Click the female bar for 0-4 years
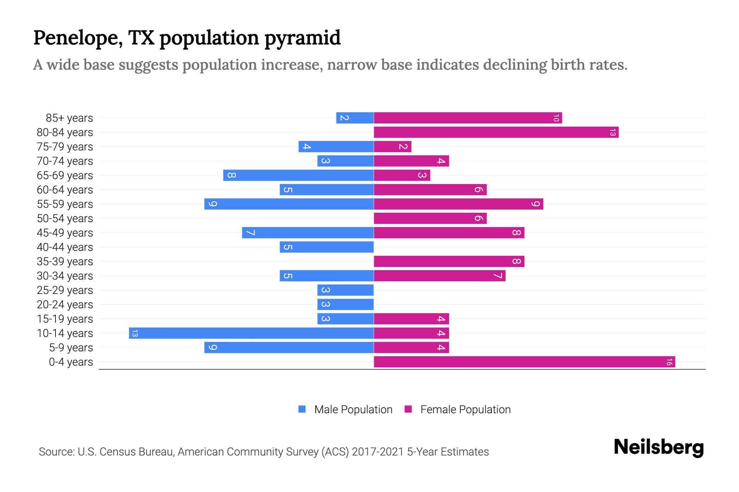point(524,362)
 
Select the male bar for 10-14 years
point(251,333)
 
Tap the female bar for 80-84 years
point(496,132)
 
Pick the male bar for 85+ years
point(355,118)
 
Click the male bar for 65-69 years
point(298,175)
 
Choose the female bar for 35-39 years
point(449,261)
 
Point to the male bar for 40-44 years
point(326,247)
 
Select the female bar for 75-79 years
point(392,146)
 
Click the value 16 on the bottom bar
point(669,362)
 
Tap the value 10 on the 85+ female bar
point(556,118)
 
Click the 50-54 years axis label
point(65,219)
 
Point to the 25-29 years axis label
point(65,290)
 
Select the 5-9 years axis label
point(71,348)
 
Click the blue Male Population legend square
point(302,409)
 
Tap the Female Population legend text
point(465,409)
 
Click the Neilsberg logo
point(659,447)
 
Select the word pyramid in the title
point(302,38)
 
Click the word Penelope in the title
point(78,38)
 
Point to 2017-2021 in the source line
point(378,452)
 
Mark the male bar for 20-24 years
point(345,304)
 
